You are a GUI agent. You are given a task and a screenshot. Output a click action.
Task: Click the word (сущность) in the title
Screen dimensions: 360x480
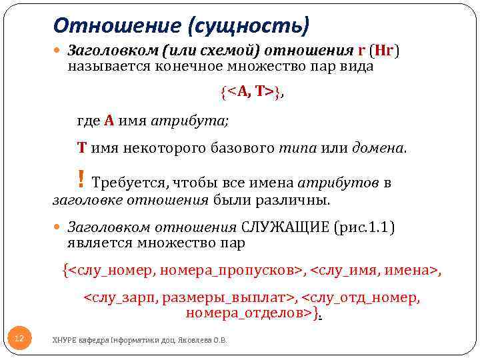click(x=249, y=26)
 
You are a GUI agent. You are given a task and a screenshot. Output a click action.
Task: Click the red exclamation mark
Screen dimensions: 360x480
click(x=81, y=179)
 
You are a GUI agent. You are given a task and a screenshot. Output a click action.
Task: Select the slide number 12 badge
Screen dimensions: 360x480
click(x=19, y=339)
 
